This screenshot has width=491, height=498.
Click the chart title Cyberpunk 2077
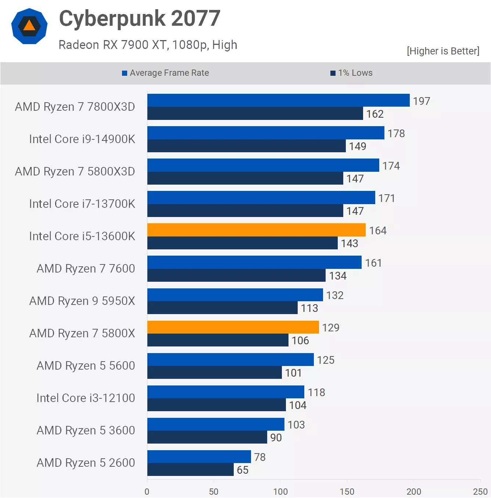tap(140, 18)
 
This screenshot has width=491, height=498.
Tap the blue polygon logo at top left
tap(29, 26)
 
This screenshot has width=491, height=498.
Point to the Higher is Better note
tap(443, 51)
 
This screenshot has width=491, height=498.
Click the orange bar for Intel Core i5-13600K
tap(256, 230)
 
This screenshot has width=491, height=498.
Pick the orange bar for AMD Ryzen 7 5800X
tap(233, 327)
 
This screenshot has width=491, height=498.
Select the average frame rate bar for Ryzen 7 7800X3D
tap(278, 100)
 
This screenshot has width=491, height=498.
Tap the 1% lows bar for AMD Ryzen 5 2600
tap(190, 469)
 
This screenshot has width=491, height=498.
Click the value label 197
tap(421, 101)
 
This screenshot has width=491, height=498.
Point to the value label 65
tap(243, 470)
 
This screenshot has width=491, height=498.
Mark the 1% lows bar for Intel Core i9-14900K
tap(246, 146)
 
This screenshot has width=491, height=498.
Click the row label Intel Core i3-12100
tap(86, 398)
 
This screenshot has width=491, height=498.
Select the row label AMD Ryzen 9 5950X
tap(82, 301)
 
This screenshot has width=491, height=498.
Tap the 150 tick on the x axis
tap(347, 491)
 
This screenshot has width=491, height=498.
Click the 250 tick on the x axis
tap(480, 491)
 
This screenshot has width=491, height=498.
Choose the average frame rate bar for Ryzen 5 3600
tap(216, 424)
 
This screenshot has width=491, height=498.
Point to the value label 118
tap(316, 392)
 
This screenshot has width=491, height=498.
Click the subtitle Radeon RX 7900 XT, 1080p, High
tap(148, 45)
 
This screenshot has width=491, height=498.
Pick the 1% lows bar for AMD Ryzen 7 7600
tap(236, 275)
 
